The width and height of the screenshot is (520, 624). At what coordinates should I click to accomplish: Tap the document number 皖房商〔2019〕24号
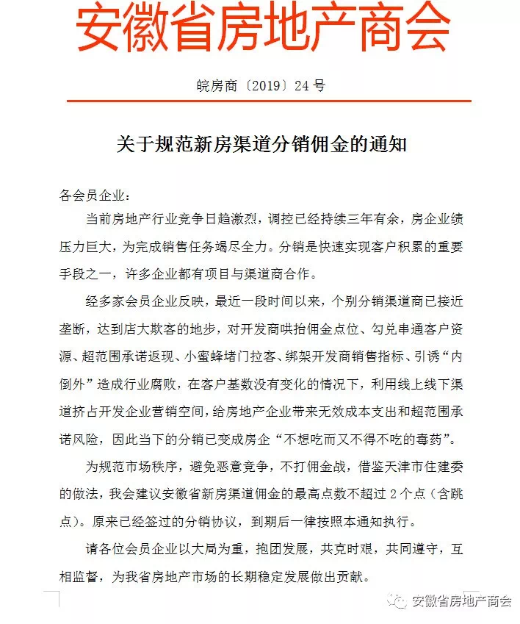[261, 85]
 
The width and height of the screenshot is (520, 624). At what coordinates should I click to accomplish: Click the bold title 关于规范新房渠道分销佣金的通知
[261, 143]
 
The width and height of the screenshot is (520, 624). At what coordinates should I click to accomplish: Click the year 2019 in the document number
[262, 85]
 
